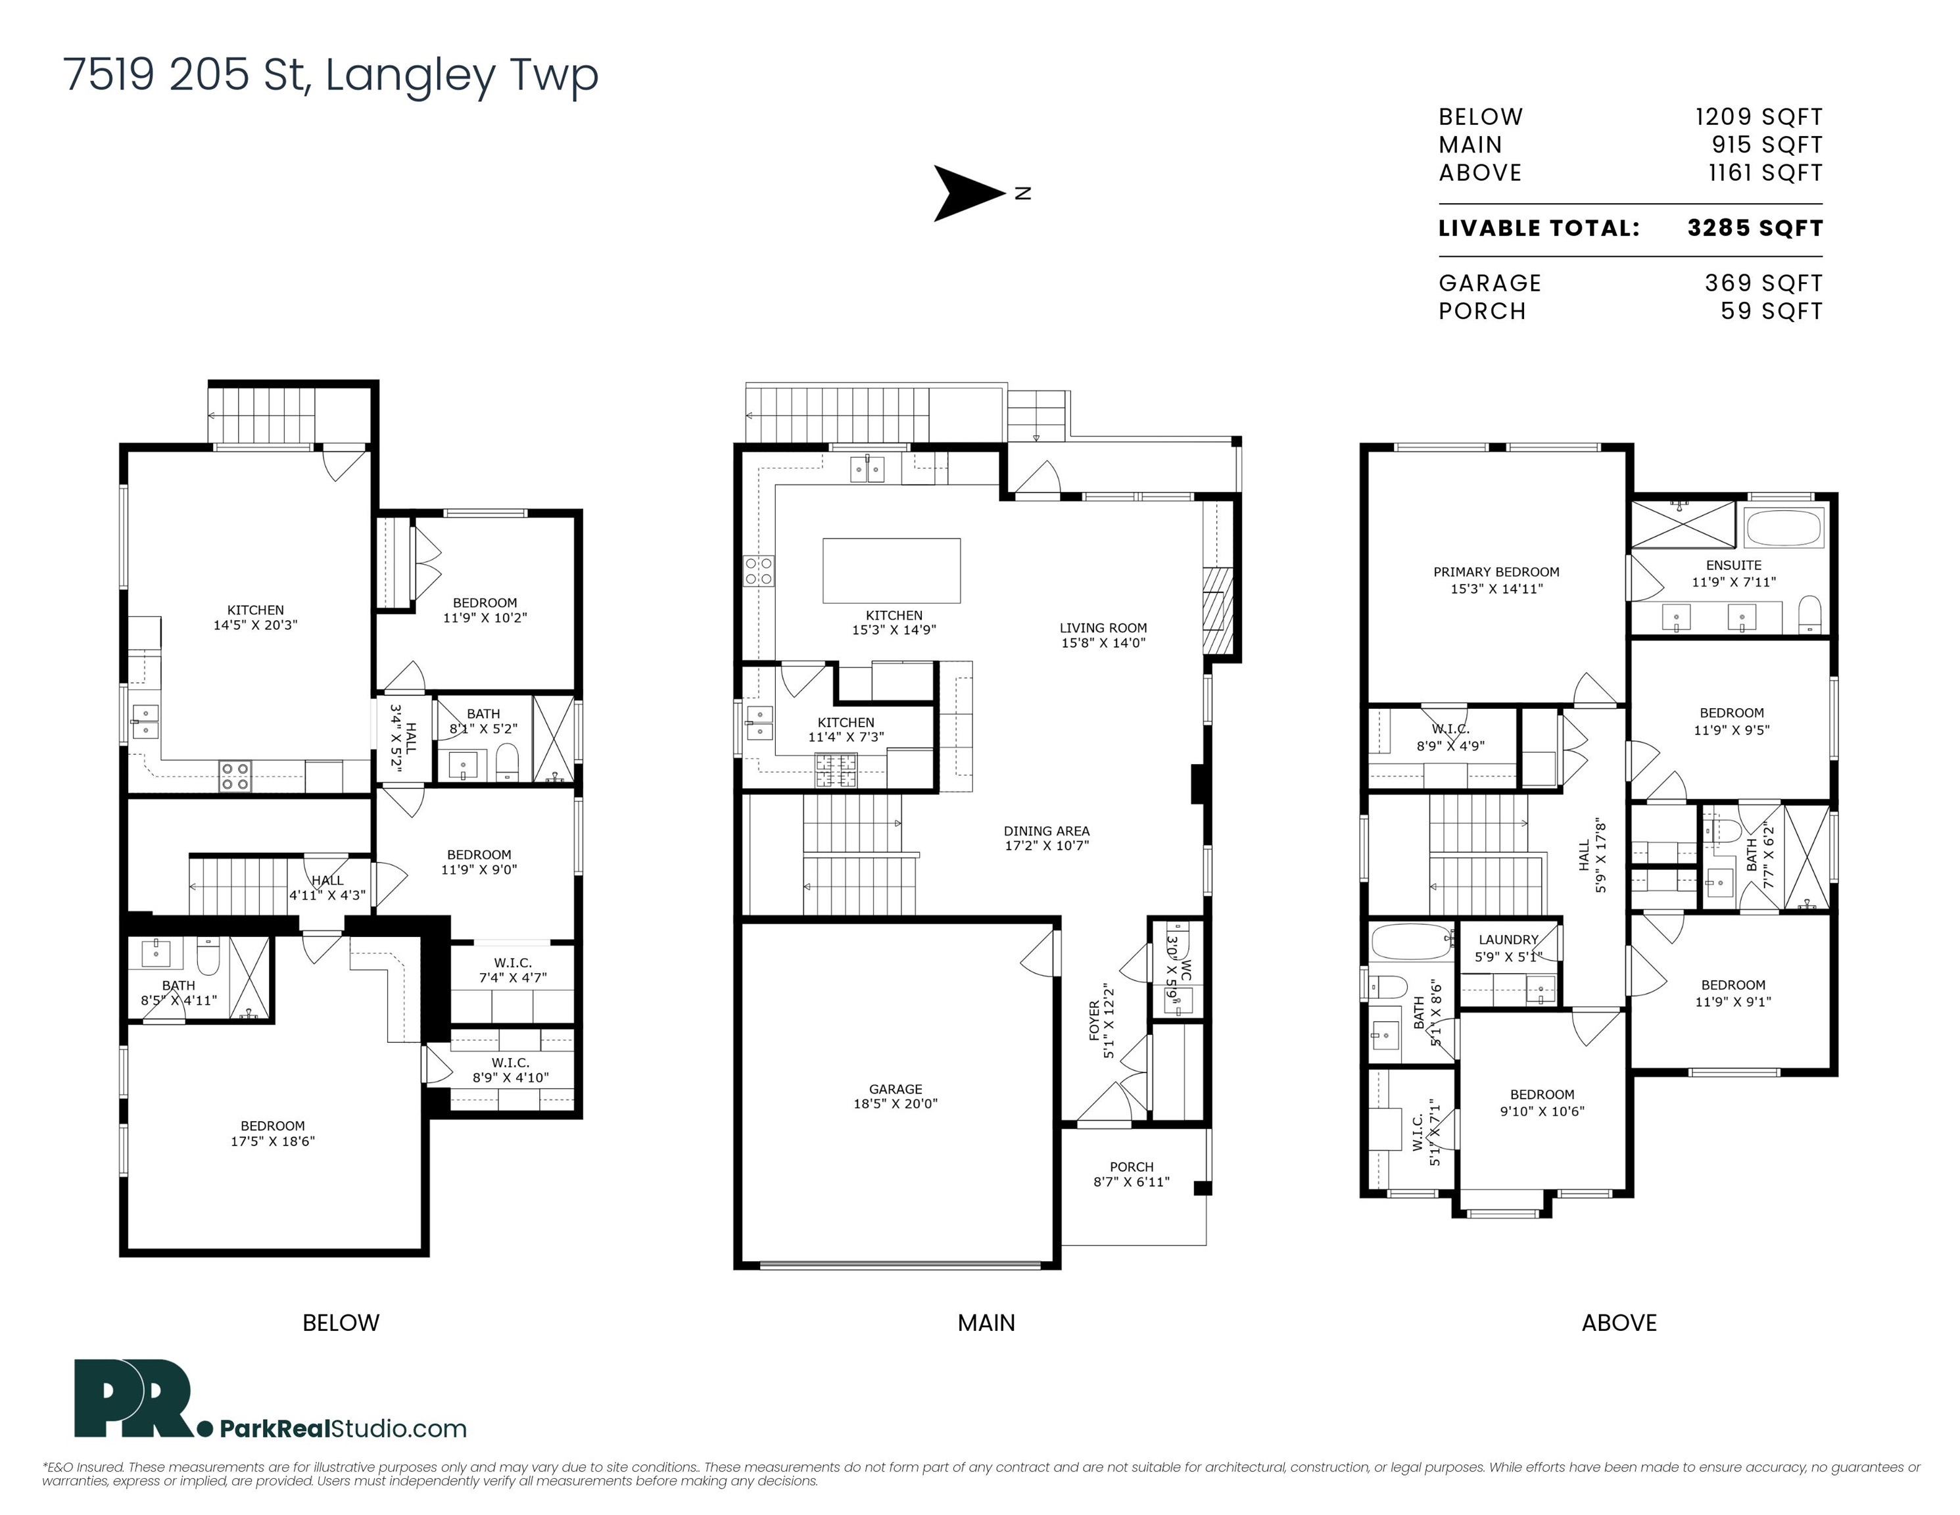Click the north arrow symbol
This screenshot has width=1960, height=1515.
click(967, 193)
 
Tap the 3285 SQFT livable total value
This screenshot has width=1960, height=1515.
click(1754, 228)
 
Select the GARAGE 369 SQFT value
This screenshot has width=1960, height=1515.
click(1763, 283)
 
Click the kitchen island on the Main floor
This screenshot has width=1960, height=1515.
click(891, 571)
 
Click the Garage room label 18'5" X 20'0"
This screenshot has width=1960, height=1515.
click(895, 1097)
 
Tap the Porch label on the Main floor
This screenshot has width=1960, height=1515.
click(1131, 1174)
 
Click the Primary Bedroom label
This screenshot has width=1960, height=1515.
click(1496, 580)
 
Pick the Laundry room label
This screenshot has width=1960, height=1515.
click(1508, 948)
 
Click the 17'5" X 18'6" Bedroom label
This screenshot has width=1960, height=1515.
click(273, 1134)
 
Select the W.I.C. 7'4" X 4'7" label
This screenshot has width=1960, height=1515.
click(512, 970)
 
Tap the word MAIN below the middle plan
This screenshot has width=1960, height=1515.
click(986, 1322)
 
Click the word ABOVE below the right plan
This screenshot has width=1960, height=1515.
click(1619, 1322)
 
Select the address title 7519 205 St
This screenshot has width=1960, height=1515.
click(330, 74)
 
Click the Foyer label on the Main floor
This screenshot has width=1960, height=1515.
click(1101, 1021)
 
